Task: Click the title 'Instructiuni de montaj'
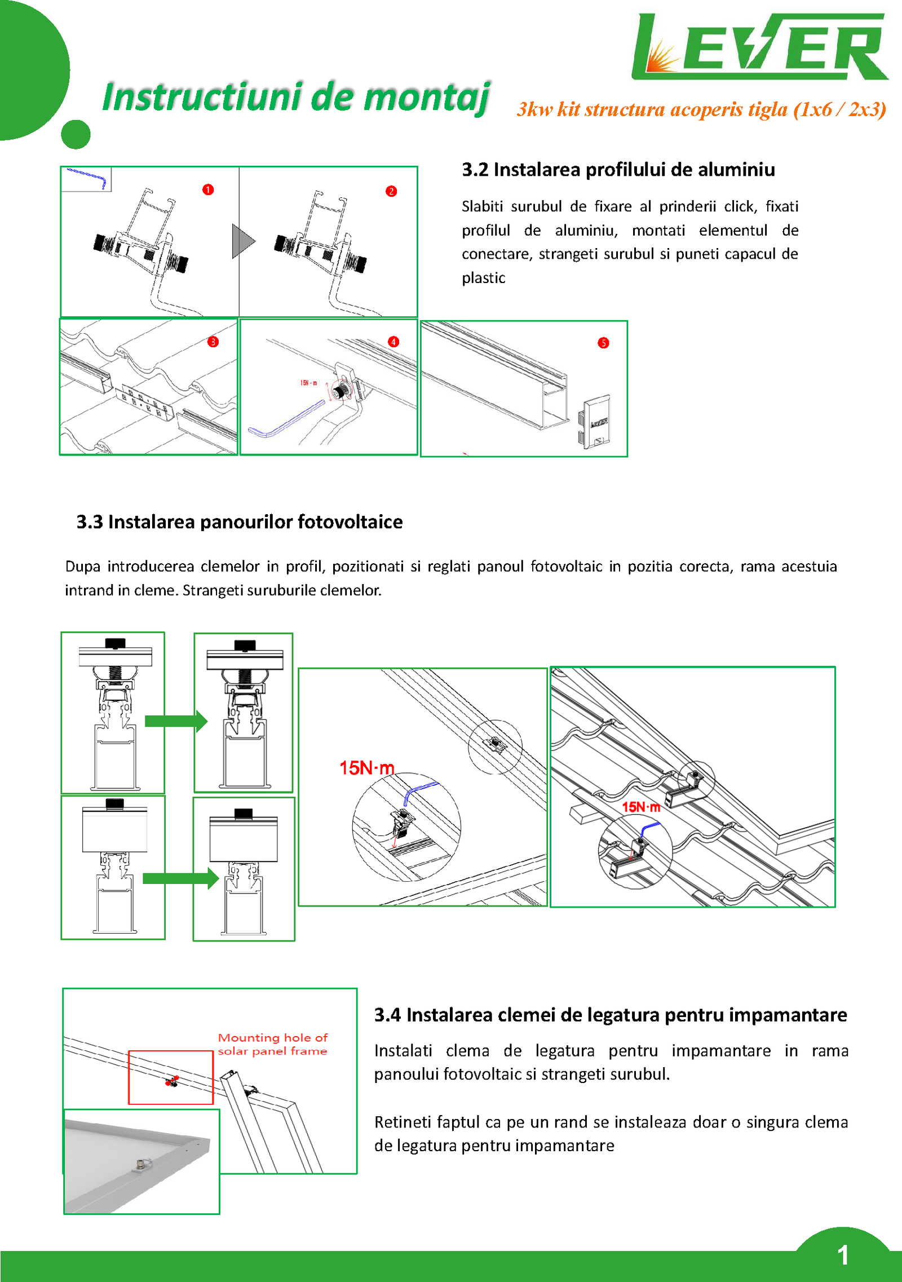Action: click(x=296, y=97)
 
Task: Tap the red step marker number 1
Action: click(x=208, y=189)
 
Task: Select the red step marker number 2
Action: click(x=391, y=191)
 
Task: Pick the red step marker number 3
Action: click(x=213, y=342)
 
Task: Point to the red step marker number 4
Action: click(x=393, y=342)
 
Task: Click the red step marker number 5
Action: click(x=603, y=343)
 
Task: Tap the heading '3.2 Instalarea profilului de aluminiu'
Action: click(x=618, y=170)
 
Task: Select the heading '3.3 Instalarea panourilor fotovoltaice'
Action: click(x=240, y=522)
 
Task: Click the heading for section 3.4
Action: click(x=611, y=1015)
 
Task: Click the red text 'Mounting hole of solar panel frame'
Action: click(x=272, y=1044)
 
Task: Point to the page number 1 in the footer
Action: click(x=843, y=1255)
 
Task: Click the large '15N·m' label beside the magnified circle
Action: click(x=366, y=768)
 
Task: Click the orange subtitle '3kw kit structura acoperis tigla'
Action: click(x=701, y=109)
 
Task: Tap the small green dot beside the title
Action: click(x=76, y=135)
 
